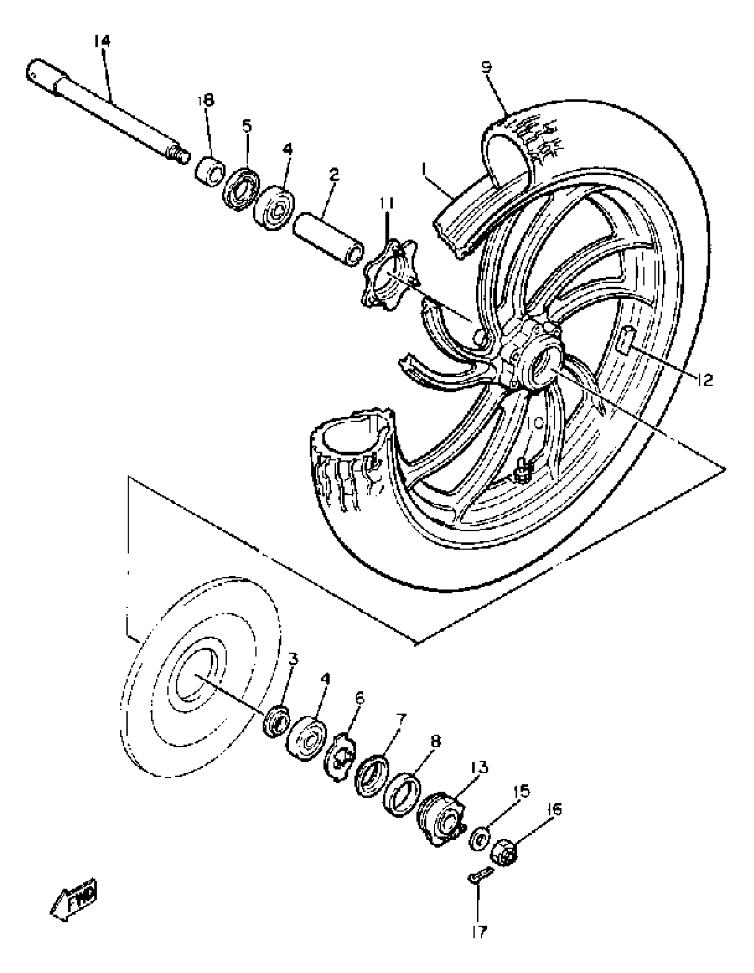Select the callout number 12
tap(704, 380)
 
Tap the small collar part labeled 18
tap(210, 171)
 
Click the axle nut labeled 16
tap(504, 853)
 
